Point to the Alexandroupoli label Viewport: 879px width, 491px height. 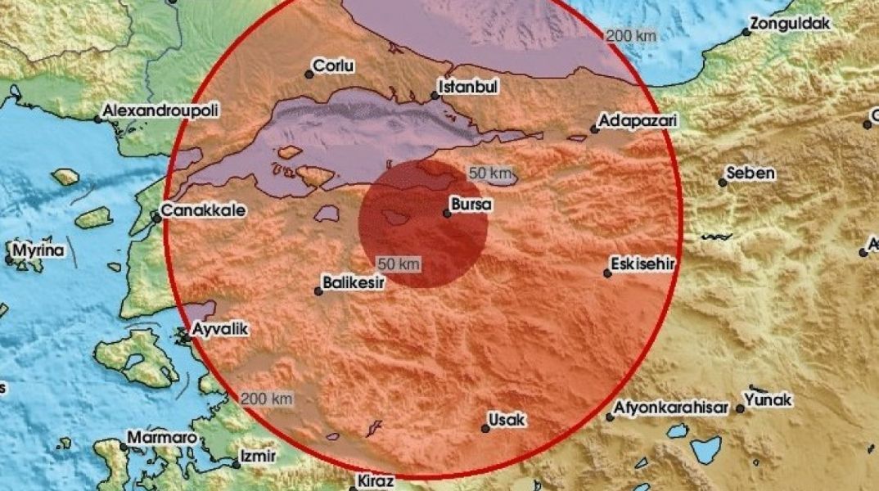(160, 110)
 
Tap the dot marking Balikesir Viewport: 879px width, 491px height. (319, 290)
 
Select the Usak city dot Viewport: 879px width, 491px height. (485, 428)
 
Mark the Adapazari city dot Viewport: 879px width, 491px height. (595, 128)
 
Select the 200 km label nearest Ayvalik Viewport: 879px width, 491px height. (267, 398)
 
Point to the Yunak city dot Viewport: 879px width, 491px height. (741, 408)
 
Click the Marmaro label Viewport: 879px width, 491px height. (162, 438)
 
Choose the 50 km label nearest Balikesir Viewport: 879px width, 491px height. (399, 264)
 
